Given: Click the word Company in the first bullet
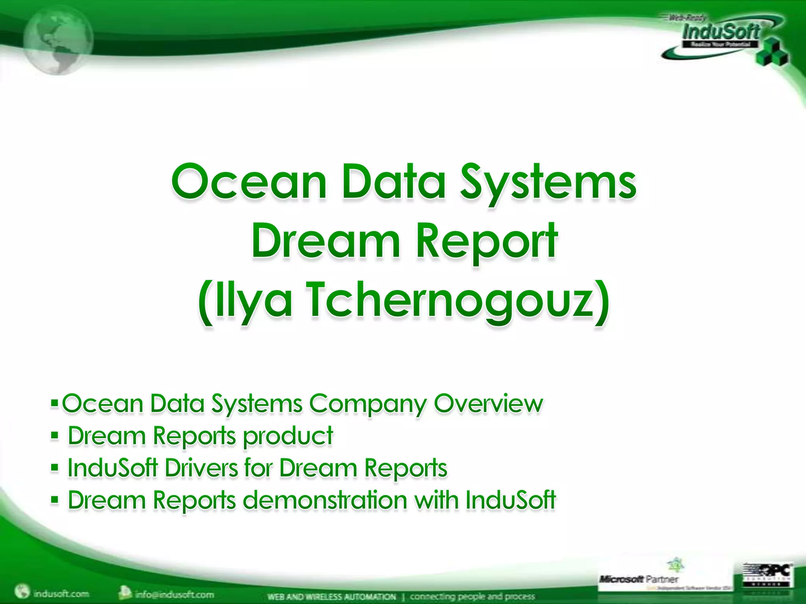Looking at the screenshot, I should click(368, 404).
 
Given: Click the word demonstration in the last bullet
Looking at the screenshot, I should click(325, 500).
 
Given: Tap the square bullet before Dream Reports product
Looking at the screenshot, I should click(55, 436).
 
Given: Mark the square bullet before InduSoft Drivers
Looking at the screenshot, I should click(55, 468).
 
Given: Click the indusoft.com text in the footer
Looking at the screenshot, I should click(61, 593).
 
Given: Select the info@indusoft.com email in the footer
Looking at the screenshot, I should click(174, 594).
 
